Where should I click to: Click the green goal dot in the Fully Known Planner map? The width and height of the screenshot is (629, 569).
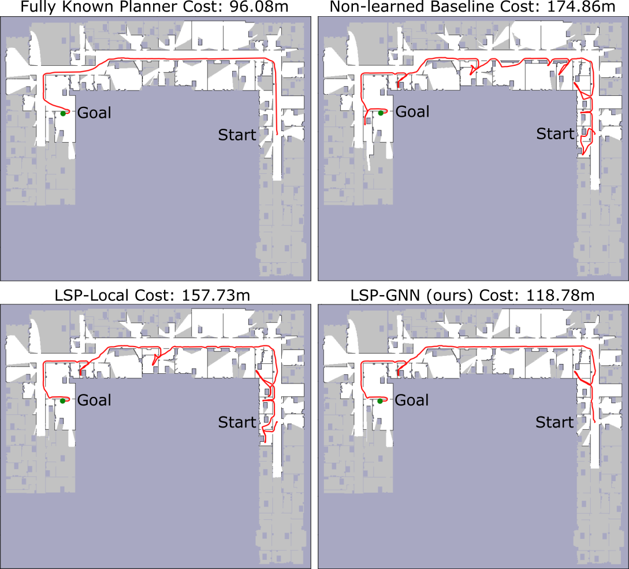click(x=63, y=114)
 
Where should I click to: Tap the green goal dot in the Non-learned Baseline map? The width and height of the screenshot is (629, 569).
click(x=381, y=113)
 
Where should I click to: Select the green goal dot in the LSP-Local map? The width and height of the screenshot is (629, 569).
click(x=62, y=401)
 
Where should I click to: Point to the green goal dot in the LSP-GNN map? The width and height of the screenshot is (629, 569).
click(x=380, y=401)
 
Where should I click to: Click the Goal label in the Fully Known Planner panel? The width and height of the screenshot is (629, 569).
click(x=94, y=113)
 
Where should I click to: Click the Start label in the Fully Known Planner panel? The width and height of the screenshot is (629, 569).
click(x=237, y=135)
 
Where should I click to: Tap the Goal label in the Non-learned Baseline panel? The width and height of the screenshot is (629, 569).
click(x=412, y=111)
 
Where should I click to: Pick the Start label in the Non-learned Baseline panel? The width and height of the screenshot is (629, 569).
click(x=555, y=133)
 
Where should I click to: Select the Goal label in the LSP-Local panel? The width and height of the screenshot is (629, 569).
click(x=94, y=400)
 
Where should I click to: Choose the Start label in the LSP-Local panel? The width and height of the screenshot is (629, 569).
click(x=237, y=422)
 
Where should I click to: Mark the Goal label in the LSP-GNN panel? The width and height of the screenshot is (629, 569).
click(x=412, y=400)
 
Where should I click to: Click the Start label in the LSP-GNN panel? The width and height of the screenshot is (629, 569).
click(x=554, y=422)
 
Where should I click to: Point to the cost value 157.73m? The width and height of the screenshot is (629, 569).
click(x=216, y=295)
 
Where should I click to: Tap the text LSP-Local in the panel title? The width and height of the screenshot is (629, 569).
click(x=92, y=295)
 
